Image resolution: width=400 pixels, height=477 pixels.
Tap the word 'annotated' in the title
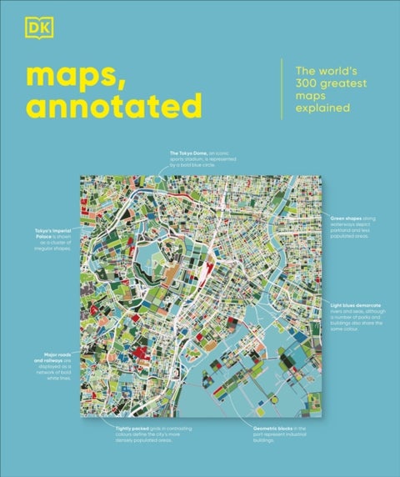click(x=114, y=106)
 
